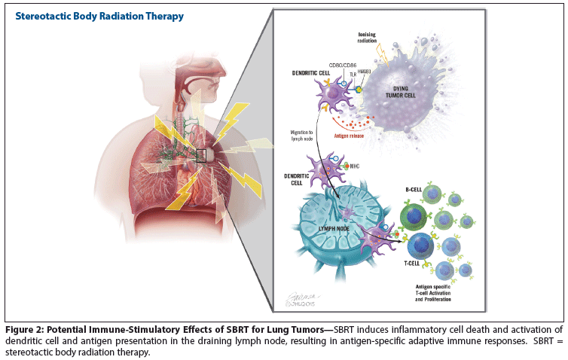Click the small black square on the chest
[x=201, y=155]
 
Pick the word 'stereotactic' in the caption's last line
[x=34, y=352]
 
